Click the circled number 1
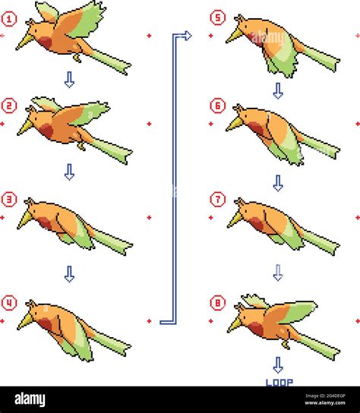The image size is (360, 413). coord(9,19)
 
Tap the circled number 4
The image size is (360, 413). coord(9,303)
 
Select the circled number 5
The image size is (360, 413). coord(217,17)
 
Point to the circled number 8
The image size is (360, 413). coord(217,302)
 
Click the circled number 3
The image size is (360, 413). coord(9,200)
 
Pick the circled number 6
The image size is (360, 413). coord(217,106)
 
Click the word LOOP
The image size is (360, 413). coord(279,383)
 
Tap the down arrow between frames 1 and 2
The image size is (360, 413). coord(69,80)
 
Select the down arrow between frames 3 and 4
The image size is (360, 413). coord(69,274)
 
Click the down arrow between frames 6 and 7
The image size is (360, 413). coord(278,183)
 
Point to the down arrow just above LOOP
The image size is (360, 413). coord(278,365)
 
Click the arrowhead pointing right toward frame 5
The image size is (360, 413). coord(188,36)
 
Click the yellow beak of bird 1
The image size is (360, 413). coord(25,43)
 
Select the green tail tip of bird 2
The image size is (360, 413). coord(127,156)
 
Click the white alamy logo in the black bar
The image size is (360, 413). coord(30,399)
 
